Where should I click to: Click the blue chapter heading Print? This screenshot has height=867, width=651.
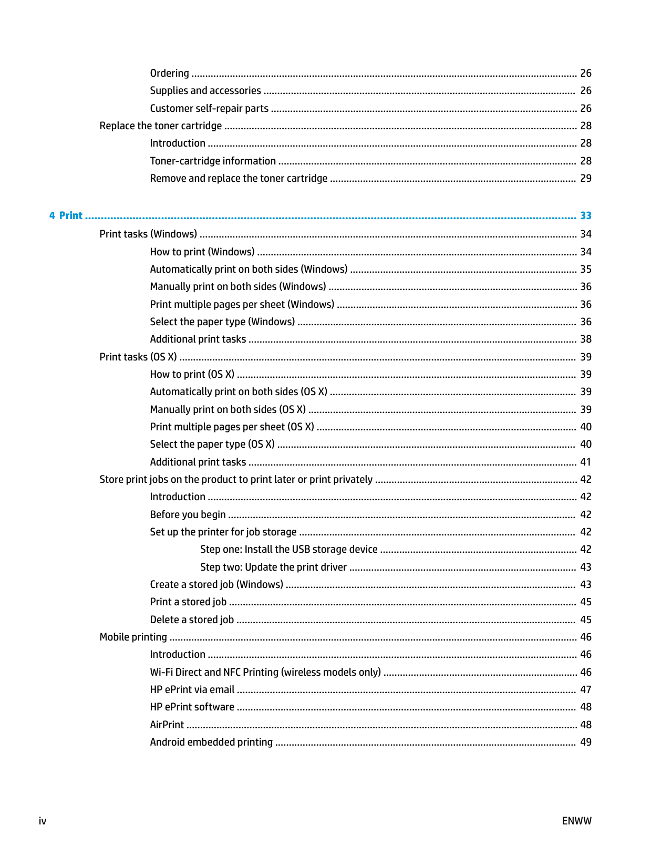coord(70,215)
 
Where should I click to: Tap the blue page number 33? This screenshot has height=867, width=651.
coord(585,215)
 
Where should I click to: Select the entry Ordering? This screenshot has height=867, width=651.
coord(169,73)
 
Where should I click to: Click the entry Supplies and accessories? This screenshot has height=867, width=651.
coord(205,90)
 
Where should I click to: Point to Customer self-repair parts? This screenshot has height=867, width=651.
coord(209,108)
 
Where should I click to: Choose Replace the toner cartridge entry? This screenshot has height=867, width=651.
coord(161,126)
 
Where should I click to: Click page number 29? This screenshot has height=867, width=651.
coord(585,178)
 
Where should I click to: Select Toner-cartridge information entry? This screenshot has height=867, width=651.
coord(213,161)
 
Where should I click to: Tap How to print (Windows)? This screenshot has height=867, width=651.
coord(202,252)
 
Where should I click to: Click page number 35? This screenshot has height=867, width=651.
coord(585,269)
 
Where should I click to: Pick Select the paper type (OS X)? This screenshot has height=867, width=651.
coord(212,444)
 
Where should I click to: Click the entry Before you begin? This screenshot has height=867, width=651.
coord(188,514)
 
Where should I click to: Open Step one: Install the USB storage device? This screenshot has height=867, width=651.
coord(289,549)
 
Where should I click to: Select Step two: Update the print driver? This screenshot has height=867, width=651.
coord(273,567)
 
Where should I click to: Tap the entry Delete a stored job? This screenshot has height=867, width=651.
coord(192,620)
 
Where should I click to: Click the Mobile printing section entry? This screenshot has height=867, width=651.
coord(133,637)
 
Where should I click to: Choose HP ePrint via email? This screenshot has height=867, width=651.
coord(192,689)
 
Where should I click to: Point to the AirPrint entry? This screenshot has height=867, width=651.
coord(167,725)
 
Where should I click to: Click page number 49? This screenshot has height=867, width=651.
coord(585,742)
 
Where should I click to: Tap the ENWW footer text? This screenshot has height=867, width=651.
coord(576,821)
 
